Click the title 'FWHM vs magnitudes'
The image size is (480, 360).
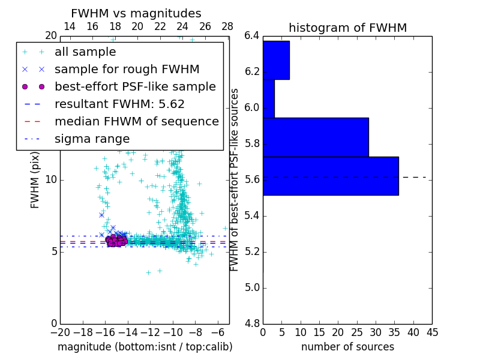136,13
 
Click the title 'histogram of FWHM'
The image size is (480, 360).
347,28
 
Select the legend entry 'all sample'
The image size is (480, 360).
85,52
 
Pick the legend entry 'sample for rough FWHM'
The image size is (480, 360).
127,70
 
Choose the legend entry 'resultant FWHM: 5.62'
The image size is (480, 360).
119,104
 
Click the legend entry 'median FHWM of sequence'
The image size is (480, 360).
136,121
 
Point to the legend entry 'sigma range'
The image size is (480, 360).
92,139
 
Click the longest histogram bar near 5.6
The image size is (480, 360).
331,176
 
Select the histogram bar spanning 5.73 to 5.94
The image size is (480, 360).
316,137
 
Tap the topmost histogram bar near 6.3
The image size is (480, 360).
276,60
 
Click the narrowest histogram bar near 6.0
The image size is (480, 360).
269,98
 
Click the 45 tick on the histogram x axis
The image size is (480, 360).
431,332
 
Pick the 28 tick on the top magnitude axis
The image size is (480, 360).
227,26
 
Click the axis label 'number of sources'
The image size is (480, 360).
347,347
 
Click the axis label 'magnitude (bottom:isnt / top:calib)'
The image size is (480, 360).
145,347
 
